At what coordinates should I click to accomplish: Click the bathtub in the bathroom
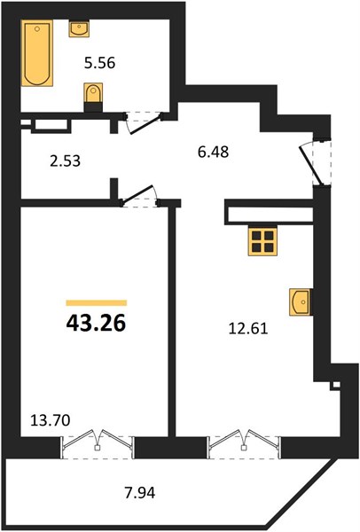[x=37, y=53]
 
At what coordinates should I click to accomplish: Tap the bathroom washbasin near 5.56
[x=80, y=28]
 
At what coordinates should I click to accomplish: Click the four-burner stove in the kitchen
[x=262, y=241]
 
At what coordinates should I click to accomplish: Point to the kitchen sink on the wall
[x=300, y=302]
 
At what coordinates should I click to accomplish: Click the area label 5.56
[x=100, y=63]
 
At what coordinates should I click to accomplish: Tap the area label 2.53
[x=65, y=160]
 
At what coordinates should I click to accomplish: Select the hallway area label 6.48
[x=214, y=152]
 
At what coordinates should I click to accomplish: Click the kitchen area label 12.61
[x=248, y=328]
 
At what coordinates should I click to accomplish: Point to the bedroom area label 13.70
[x=51, y=420]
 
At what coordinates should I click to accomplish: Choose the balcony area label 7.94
[x=140, y=493]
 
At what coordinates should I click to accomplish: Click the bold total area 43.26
[x=97, y=323]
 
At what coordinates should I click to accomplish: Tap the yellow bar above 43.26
[x=97, y=303]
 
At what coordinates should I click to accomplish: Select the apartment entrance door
[x=314, y=163]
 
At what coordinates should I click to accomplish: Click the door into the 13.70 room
[x=139, y=196]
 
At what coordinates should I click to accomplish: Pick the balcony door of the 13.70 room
[x=98, y=444]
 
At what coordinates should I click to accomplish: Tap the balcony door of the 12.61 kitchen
[x=245, y=444]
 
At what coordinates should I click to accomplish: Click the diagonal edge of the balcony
[x=301, y=494]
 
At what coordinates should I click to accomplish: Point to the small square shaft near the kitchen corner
[x=336, y=385]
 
